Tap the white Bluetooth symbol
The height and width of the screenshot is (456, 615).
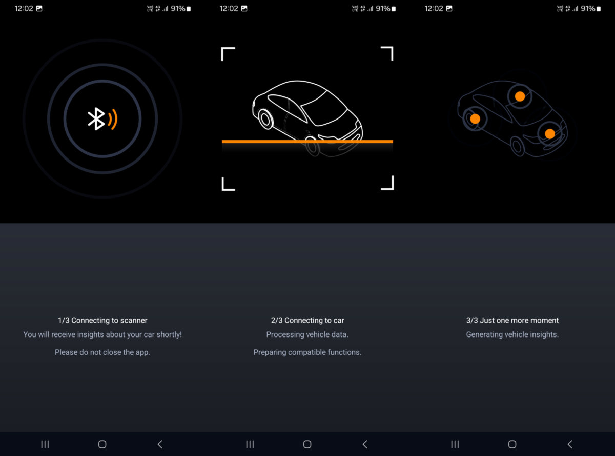[x=96, y=119]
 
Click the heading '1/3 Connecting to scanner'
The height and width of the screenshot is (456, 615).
[x=102, y=320]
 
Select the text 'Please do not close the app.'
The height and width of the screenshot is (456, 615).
[x=102, y=352]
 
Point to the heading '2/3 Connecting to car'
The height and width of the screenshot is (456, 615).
[x=307, y=320]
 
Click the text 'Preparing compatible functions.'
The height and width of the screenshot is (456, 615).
[x=307, y=352]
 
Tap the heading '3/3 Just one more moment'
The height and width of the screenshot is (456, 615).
[x=512, y=320]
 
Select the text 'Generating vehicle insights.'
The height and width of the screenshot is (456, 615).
[x=512, y=334]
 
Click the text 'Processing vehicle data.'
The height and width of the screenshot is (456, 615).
[x=307, y=334]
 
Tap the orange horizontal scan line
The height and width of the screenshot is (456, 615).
[x=307, y=142]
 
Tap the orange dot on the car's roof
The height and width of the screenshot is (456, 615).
[x=520, y=96]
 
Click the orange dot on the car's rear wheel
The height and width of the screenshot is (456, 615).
[x=475, y=119]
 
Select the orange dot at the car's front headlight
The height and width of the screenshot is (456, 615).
[x=550, y=134]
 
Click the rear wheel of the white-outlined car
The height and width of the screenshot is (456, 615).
[x=265, y=119]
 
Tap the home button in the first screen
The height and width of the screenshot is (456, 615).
[x=102, y=444]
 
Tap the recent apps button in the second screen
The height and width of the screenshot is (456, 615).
[x=250, y=444]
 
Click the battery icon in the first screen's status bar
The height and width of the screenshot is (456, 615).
[x=189, y=9]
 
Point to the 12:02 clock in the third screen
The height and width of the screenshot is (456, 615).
[x=434, y=9]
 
